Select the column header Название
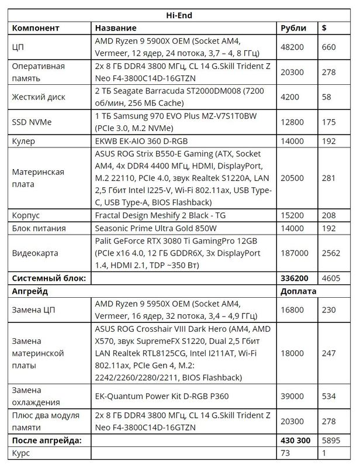pos(116,28)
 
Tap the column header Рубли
pos(293,28)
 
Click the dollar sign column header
pos(325,28)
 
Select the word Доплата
pos(299,291)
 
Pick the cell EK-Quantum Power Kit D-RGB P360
pos(162,397)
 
